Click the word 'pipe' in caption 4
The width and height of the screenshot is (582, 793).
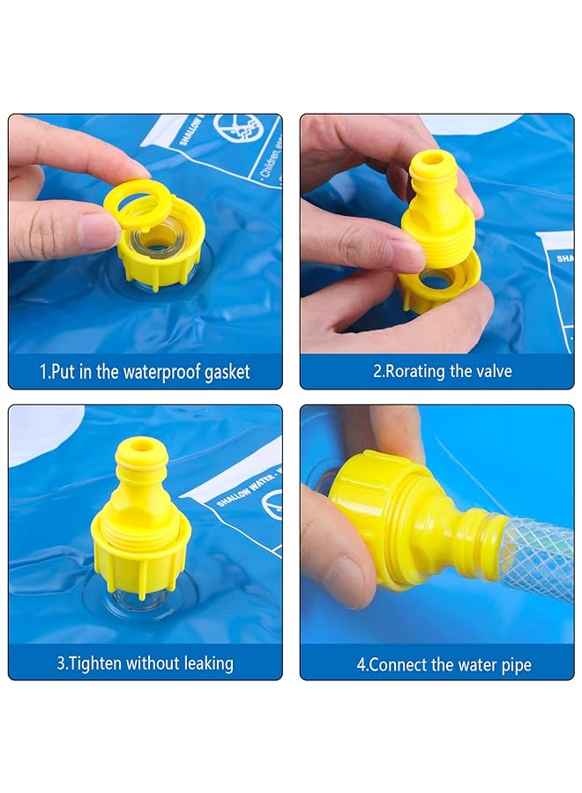coord(515,664)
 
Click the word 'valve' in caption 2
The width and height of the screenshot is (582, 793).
coord(492,372)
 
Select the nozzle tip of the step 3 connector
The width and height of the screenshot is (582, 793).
coord(140,448)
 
